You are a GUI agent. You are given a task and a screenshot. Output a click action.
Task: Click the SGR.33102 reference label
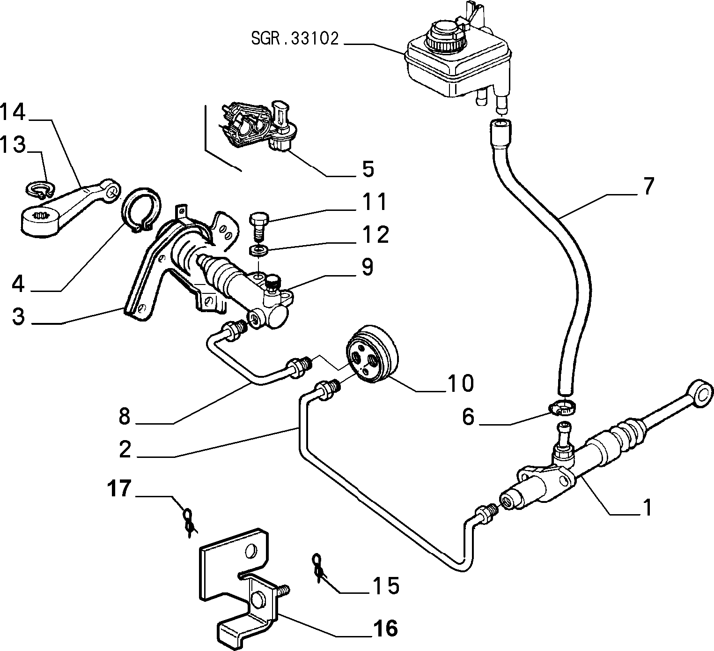(294, 38)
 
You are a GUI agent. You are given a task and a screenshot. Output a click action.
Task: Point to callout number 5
(368, 169)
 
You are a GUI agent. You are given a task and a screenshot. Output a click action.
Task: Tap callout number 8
(124, 417)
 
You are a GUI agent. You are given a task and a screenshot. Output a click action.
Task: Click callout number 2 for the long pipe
(125, 449)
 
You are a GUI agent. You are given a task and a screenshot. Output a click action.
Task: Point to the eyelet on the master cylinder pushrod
(700, 395)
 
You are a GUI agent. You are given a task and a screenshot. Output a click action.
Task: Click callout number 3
(19, 316)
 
